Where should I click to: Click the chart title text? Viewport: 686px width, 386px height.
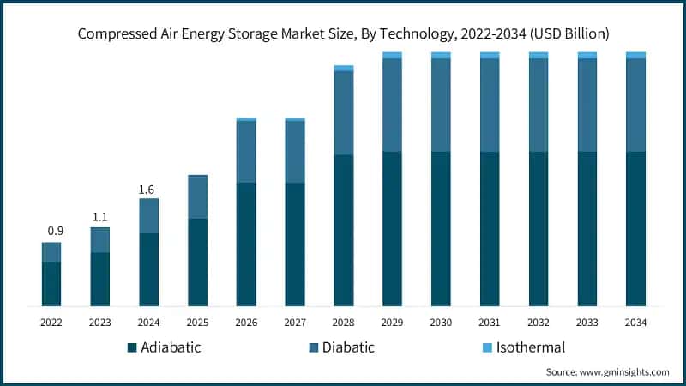(343, 34)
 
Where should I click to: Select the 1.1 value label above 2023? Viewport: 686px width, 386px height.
(100, 216)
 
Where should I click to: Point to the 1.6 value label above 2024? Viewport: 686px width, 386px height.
(149, 188)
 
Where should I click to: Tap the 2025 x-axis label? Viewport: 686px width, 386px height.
(197, 323)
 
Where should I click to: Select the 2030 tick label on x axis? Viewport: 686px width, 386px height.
(441, 323)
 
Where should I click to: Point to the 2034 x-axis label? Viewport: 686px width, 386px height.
(635, 323)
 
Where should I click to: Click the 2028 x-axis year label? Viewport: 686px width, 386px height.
(344, 323)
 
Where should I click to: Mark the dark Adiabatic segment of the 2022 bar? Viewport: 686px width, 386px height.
(51, 284)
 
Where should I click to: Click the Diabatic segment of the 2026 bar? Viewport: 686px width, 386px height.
(246, 152)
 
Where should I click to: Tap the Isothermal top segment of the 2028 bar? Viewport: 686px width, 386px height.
(344, 68)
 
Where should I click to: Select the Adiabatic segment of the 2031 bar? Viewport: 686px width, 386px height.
(490, 229)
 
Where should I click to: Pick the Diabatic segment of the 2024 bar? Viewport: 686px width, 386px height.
(149, 216)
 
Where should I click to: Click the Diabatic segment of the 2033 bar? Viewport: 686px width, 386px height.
(587, 105)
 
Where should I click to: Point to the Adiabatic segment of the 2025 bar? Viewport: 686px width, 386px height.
(197, 262)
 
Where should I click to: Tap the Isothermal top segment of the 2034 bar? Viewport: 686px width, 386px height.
(635, 55)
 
